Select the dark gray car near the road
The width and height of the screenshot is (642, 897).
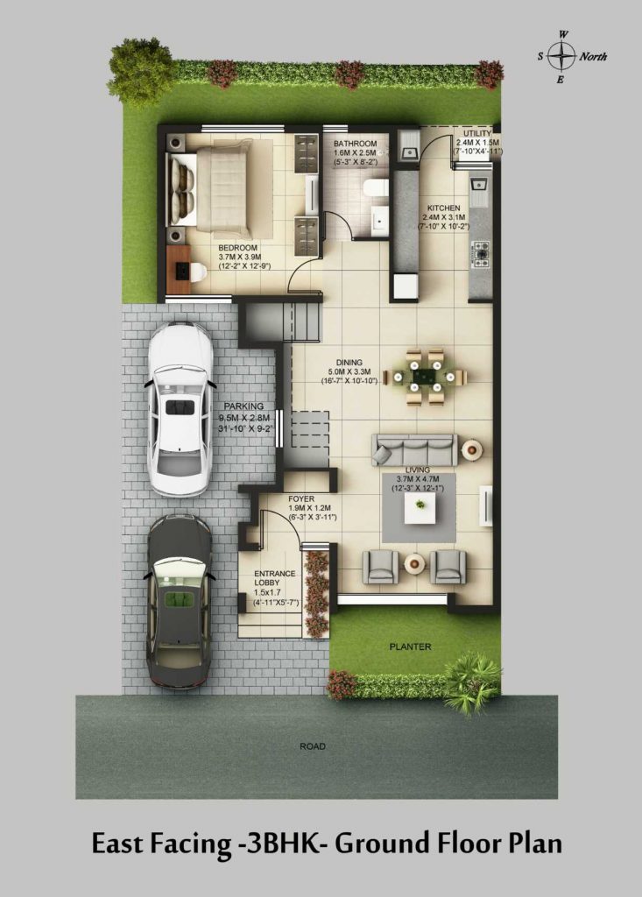(180, 600)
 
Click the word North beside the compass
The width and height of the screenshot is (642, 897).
(593, 57)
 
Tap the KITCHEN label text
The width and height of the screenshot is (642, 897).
(444, 208)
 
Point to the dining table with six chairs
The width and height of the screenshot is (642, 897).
(425, 377)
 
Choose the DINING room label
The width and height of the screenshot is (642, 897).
(349, 362)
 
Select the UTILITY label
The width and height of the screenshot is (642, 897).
(477, 133)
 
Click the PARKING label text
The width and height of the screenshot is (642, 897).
(243, 406)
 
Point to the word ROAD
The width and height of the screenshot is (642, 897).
(313, 746)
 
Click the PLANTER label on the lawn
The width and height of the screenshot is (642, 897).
(410, 647)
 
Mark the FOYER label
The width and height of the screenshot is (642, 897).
(301, 498)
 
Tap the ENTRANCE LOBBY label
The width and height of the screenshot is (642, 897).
(275, 578)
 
